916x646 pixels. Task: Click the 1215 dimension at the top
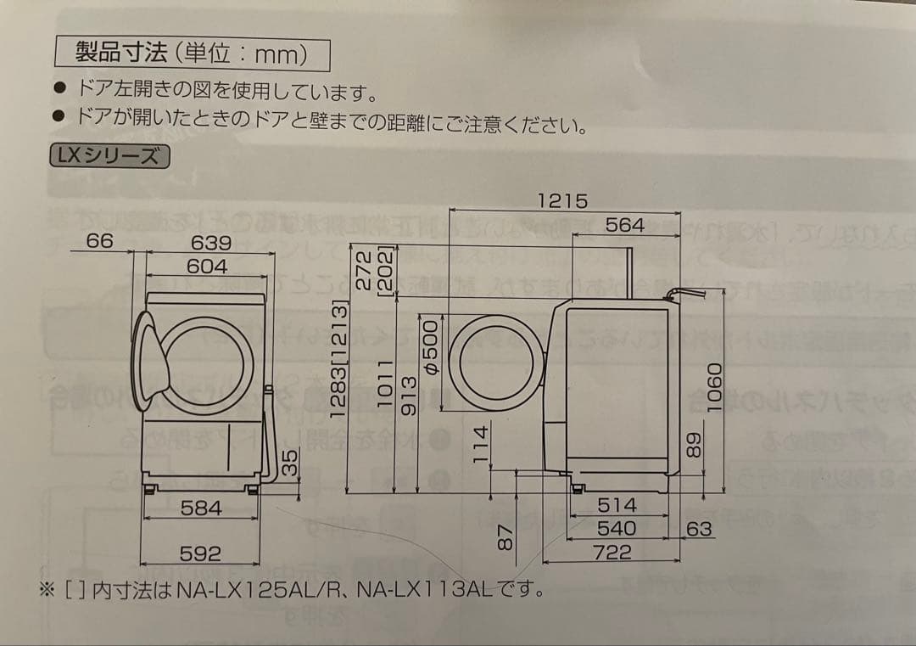pos(562,200)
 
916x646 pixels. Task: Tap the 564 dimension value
pos(625,225)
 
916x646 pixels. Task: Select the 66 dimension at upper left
pos(99,241)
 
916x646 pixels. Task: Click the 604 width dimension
pos(207,266)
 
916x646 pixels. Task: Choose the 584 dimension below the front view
pos(201,508)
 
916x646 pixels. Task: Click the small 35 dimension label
pos(290,463)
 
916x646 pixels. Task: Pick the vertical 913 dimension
pos(409,396)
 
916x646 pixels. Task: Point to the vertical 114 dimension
pos(481,445)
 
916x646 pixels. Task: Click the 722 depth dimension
pos(612,553)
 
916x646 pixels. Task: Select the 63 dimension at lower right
pos(699,529)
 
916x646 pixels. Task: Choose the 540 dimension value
pos(617,528)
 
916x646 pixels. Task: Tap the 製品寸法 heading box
pos(192,54)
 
